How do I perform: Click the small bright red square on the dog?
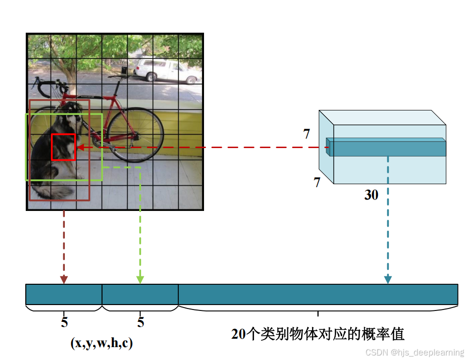click(x=63, y=147)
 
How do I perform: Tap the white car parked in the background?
click(x=167, y=70)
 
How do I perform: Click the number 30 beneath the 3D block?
click(x=371, y=195)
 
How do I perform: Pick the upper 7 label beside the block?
click(x=307, y=134)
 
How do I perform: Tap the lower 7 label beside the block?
click(x=317, y=182)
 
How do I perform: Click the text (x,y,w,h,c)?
click(x=102, y=343)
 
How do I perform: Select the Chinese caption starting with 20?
click(x=318, y=334)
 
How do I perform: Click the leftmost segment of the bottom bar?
click(x=64, y=294)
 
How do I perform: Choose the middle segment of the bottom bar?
click(x=140, y=294)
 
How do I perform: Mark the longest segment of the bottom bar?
click(x=318, y=294)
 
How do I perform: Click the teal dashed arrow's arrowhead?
click(x=388, y=280)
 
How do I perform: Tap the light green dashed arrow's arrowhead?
click(x=140, y=280)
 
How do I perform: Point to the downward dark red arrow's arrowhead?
click(x=64, y=280)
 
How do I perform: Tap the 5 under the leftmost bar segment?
click(x=64, y=323)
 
